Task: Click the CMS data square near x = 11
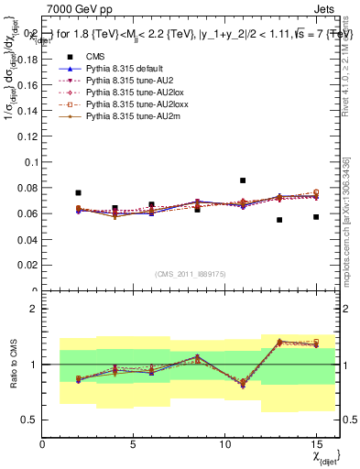[243, 180]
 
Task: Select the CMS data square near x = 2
[79, 193]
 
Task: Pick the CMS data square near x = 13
[279, 220]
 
